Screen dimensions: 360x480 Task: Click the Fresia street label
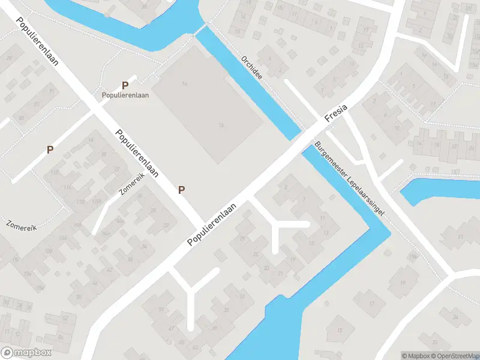[336, 111]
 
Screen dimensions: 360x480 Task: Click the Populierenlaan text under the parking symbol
[125, 95]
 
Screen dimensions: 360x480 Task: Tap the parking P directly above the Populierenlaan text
[125, 86]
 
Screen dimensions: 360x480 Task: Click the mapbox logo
[26, 353]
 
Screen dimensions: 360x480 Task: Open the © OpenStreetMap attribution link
[454, 356]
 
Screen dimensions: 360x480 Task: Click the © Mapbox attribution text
[415, 356]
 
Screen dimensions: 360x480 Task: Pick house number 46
[94, 283]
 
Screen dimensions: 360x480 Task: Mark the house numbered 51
[161, 310]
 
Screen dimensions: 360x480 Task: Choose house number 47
[171, 329]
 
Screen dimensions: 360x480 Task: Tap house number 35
[226, 310]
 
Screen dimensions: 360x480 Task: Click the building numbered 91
[52, 91]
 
